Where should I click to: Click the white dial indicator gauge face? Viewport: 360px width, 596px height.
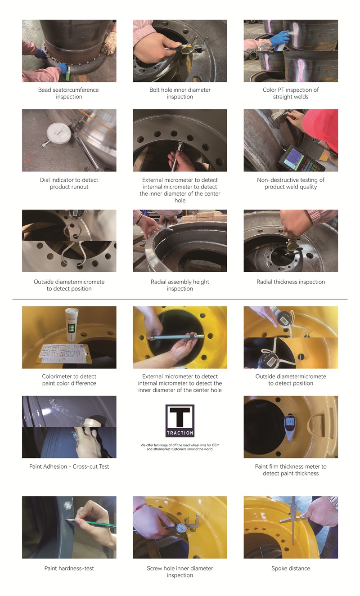[x=59, y=133]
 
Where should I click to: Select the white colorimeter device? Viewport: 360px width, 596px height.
[x=72, y=324]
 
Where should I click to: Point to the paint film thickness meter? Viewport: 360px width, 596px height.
[x=289, y=426]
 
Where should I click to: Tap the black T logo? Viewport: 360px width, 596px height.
[x=180, y=417]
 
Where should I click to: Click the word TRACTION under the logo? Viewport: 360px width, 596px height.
[x=180, y=433]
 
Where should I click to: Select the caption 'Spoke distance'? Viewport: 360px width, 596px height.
[x=291, y=568]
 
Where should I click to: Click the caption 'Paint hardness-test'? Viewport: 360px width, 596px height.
[x=69, y=568]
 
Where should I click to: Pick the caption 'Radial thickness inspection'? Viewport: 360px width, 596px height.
[x=291, y=282]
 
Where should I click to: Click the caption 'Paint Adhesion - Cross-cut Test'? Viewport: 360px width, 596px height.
[x=69, y=466]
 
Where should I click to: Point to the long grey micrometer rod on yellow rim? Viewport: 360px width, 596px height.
[x=176, y=337]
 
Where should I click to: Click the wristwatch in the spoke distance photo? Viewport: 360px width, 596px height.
[x=333, y=502]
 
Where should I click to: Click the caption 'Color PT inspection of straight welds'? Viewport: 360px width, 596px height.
[x=291, y=94]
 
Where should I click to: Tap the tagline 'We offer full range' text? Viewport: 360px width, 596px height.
[x=180, y=447]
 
